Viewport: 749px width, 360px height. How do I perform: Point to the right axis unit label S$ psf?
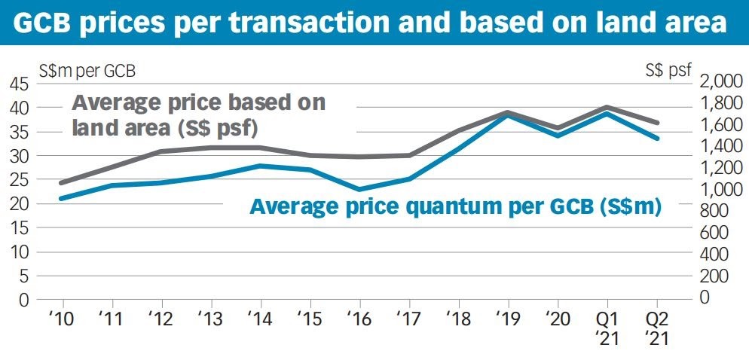[x=668, y=72]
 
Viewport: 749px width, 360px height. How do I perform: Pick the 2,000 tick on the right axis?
[x=721, y=81]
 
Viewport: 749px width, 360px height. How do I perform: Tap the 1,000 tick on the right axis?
[x=721, y=190]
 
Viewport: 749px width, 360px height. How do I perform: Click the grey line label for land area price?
[x=198, y=114]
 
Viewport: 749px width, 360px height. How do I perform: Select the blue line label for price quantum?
[x=455, y=206]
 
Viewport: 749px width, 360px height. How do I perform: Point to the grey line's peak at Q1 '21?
[x=607, y=107]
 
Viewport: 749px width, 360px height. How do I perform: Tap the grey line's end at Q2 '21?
[x=657, y=122]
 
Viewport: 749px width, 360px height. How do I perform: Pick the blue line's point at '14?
[x=259, y=166]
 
